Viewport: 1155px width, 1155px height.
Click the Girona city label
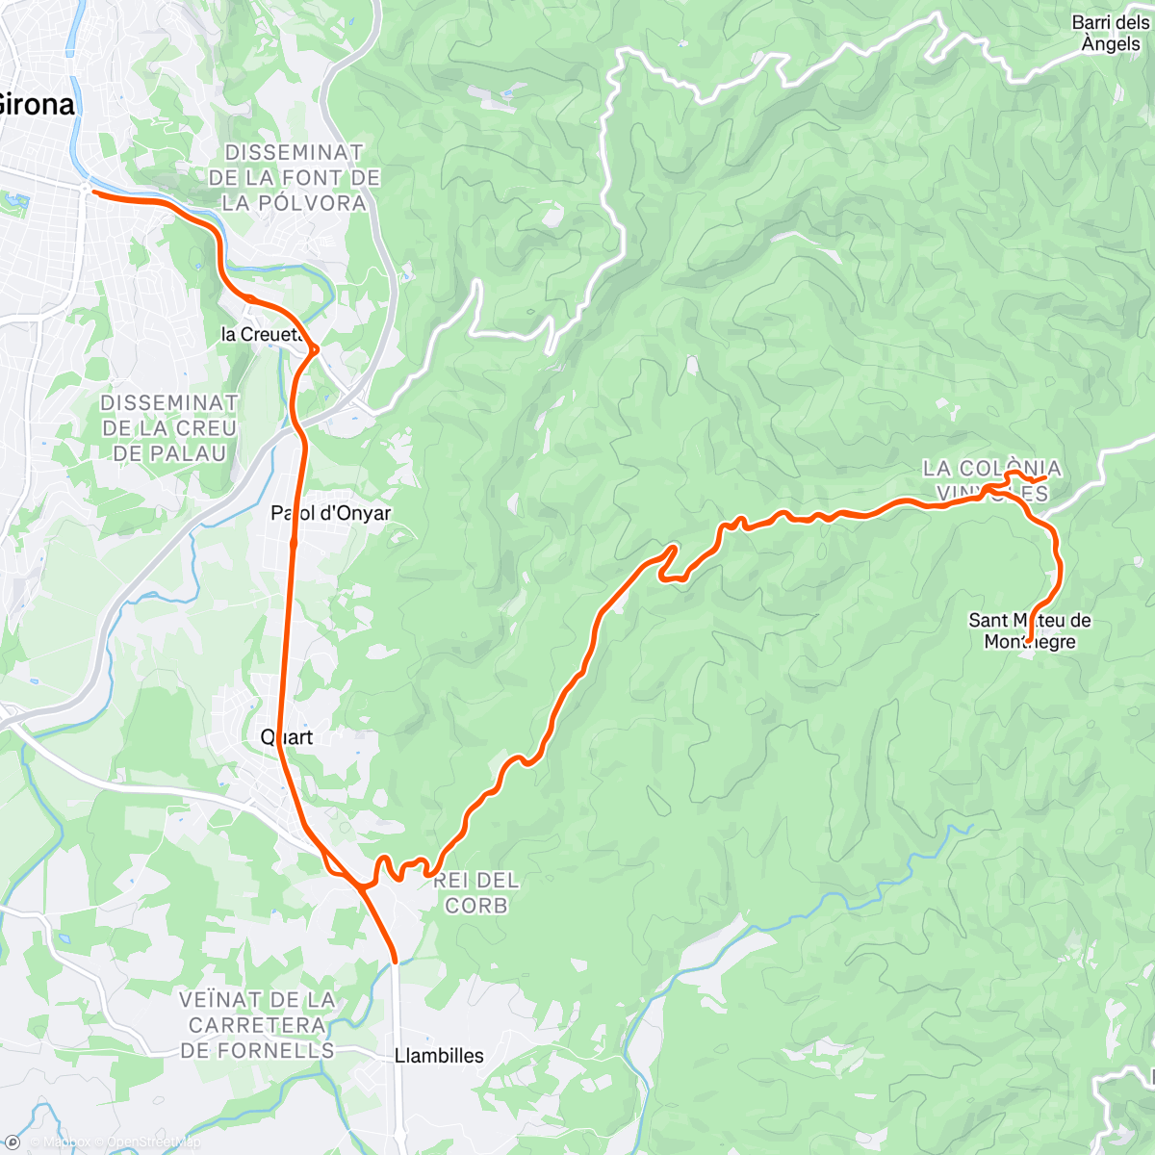point(37,104)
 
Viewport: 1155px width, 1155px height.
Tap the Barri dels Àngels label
point(1110,33)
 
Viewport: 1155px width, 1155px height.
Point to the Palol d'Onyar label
point(331,513)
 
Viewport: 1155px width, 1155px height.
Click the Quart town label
point(287,737)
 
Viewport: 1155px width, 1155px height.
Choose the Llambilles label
point(439,1056)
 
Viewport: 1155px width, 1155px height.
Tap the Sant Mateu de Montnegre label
point(1029,631)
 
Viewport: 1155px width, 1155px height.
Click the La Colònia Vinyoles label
point(991,481)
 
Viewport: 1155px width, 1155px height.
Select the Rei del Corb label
point(476,892)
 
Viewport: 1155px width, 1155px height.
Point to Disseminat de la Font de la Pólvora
point(294,178)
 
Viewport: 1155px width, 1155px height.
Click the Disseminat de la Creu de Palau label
point(168,428)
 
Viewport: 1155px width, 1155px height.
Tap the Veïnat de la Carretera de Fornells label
point(258,1025)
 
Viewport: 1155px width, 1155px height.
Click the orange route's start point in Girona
point(93,192)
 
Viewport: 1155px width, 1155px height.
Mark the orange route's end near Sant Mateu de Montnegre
point(1029,640)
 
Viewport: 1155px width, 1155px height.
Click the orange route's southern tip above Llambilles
point(395,960)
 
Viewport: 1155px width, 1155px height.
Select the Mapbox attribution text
point(65,1142)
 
